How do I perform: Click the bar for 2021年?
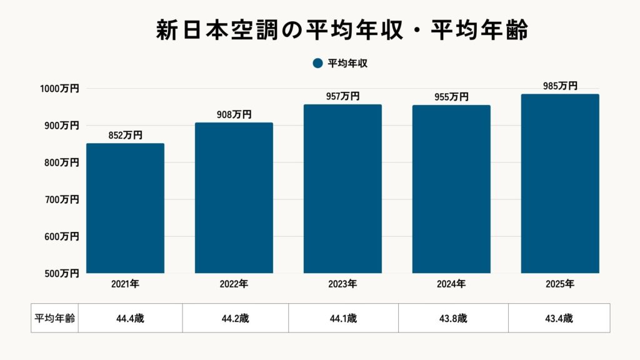[125, 208]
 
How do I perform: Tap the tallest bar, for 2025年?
[560, 184]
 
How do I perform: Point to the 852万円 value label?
[125, 134]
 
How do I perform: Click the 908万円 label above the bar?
[234, 114]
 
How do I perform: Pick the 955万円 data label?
[451, 96]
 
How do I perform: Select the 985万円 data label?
[560, 86]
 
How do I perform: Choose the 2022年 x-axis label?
[234, 284]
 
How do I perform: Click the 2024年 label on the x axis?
[451, 284]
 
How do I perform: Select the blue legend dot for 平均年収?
[317, 63]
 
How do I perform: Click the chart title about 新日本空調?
[342, 31]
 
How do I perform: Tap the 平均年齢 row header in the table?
[54, 318]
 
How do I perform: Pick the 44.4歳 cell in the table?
[130, 318]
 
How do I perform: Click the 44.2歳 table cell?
[235, 318]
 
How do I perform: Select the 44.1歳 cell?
[343, 318]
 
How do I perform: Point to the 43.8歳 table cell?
[453, 318]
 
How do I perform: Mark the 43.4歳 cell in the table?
[559, 318]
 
